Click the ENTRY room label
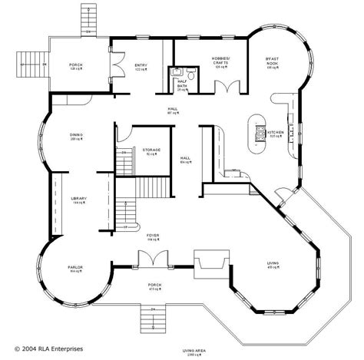coord(141,66)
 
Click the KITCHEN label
coord(276,132)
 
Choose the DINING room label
coord(77,135)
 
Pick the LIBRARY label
coord(78,199)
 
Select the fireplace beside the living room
coord(207,263)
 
